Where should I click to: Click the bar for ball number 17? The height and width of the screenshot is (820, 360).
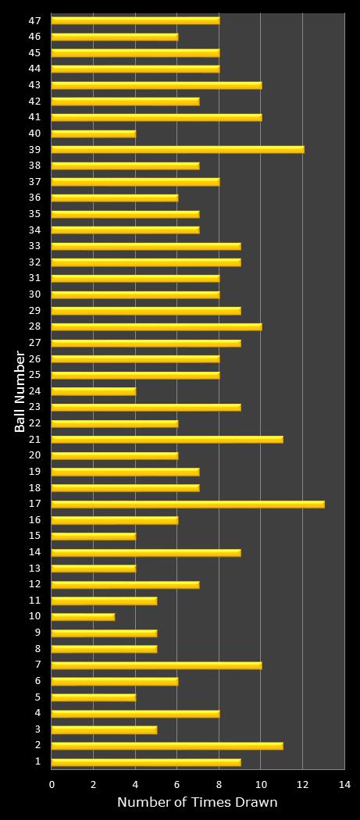coord(187,504)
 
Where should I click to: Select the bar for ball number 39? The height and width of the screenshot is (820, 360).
coord(177,149)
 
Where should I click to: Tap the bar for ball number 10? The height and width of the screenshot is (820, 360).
coord(83,617)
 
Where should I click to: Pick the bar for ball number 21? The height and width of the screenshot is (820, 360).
coord(167,440)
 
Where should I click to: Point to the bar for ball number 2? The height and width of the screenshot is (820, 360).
coord(167,746)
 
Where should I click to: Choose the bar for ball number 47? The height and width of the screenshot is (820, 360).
coord(135,20)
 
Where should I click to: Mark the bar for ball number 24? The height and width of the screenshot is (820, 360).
coord(94,391)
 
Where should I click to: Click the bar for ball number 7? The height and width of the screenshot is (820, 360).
coord(156,665)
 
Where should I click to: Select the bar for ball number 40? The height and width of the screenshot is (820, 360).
coord(94,134)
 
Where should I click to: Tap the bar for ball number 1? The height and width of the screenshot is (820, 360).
coord(146,762)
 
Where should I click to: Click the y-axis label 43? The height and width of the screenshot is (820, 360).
coord(35,85)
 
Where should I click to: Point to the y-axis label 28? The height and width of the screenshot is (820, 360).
coord(35,326)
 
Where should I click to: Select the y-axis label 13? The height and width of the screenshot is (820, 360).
coord(35,568)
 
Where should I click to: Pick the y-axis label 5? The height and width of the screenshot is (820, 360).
coord(38,697)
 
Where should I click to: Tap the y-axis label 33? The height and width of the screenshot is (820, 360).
coord(35,246)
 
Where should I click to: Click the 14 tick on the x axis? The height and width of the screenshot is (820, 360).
coord(344,784)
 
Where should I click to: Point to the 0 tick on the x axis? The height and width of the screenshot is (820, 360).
coord(52,784)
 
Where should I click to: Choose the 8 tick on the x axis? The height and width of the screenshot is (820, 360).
coord(219,784)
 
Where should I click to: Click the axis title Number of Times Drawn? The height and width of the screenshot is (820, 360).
coord(197,803)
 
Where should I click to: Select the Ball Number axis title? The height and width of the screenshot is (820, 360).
coord(20,391)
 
